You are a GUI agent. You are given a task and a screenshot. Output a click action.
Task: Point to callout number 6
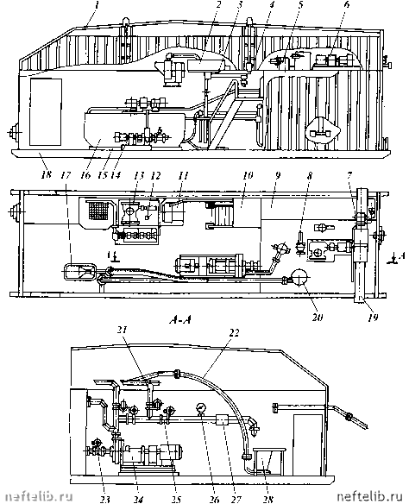point(347,5)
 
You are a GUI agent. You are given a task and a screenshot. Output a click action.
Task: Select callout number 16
point(85,174)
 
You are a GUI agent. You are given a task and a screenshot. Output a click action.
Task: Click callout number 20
point(317,317)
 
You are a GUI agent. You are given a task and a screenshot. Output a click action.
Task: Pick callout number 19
point(373,317)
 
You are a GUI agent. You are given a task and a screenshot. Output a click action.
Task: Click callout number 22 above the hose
point(234,333)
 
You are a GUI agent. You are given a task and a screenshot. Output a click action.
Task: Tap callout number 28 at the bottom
point(268,499)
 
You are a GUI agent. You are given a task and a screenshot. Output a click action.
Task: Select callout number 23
point(105,499)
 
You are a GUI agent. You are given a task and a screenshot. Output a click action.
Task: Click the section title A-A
point(180,320)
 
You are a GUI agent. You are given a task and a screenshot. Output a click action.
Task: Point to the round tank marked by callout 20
point(299,277)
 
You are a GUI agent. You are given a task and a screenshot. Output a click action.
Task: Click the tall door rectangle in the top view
point(46,111)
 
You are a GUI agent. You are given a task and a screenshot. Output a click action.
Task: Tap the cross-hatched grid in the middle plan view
point(98,211)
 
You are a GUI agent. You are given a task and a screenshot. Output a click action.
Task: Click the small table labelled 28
point(269,461)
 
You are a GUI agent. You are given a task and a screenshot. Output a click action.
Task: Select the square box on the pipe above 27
point(223,419)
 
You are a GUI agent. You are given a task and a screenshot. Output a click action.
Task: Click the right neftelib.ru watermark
point(369,497)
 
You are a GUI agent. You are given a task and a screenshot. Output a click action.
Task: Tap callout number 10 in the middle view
point(248,175)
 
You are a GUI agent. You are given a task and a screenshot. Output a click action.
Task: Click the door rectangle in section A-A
point(307,444)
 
